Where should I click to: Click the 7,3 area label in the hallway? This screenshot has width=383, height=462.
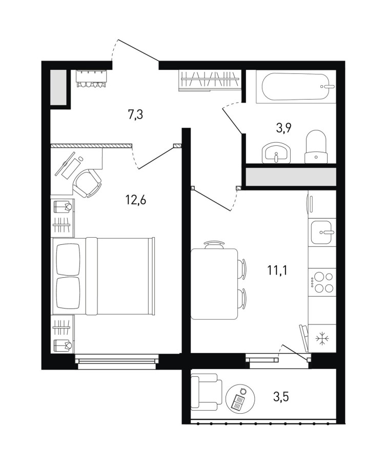click(x=135, y=114)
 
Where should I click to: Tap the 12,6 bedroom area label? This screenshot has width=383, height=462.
click(x=136, y=200)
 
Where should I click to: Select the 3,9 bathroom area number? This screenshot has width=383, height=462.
click(x=284, y=128)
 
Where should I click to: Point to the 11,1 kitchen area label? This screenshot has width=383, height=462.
click(x=277, y=270)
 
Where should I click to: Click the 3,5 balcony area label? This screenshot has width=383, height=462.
click(x=281, y=397)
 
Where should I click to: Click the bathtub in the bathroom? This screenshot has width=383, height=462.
click(x=295, y=87)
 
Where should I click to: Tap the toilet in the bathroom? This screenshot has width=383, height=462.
click(x=316, y=147)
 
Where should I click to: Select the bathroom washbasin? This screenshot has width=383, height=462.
click(x=276, y=153)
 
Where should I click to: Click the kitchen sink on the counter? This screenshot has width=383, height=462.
click(x=322, y=232)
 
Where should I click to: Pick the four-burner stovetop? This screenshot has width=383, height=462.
click(x=322, y=282)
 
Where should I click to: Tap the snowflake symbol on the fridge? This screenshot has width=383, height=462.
click(x=322, y=339)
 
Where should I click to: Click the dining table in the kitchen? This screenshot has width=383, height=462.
click(x=214, y=284)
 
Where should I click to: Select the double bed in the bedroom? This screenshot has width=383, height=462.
click(x=103, y=276)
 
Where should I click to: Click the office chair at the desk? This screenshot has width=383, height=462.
click(x=88, y=182)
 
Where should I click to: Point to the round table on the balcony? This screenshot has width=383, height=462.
click(x=240, y=399)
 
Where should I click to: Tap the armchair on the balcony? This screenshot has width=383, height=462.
click(x=206, y=392)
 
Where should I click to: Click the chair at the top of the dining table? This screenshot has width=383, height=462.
click(x=214, y=244)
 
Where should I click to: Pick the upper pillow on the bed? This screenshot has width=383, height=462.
click(x=68, y=260)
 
